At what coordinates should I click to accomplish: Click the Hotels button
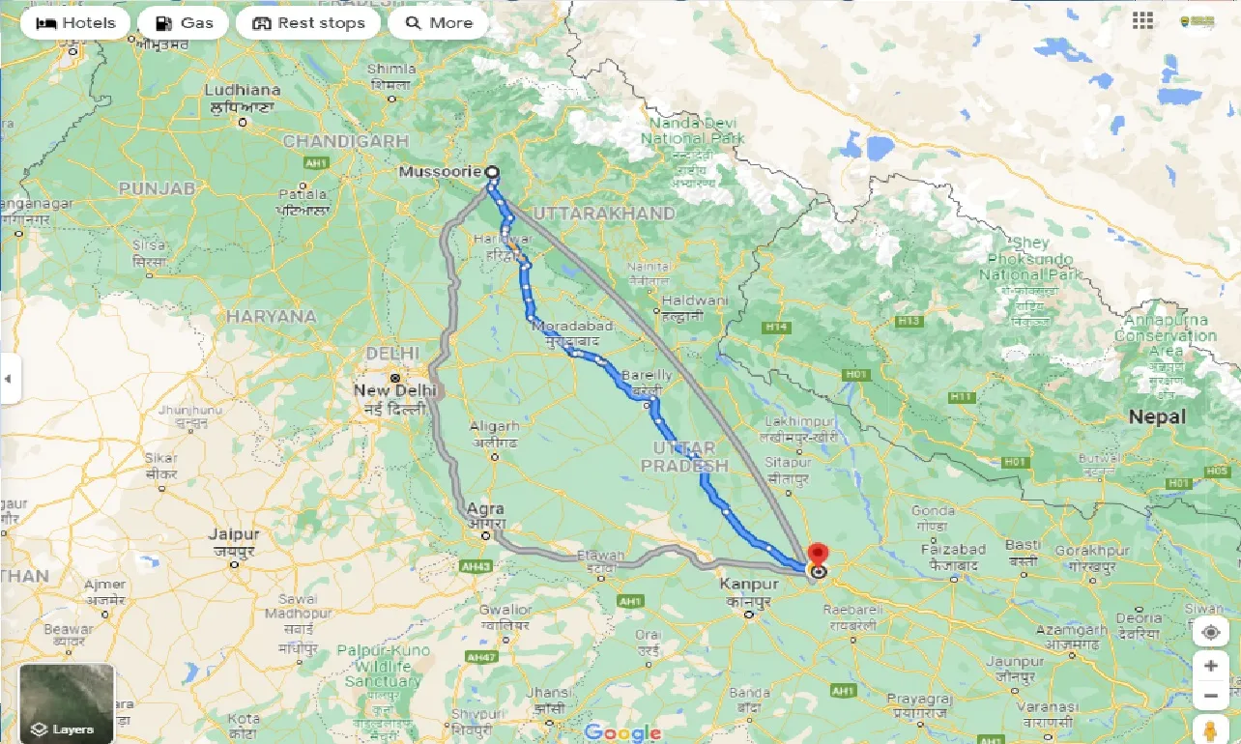75,23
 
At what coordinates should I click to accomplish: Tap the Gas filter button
184,23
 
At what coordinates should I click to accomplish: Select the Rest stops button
308,23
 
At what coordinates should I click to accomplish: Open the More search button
439,23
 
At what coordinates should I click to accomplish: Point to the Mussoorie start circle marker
492,173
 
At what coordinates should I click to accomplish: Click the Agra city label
485,508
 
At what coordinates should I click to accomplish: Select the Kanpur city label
749,585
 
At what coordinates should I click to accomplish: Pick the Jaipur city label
234,534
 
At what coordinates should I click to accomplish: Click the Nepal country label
1157,416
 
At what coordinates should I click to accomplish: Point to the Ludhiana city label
243,90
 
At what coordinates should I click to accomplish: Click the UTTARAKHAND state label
603,213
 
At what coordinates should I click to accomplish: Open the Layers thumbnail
67,702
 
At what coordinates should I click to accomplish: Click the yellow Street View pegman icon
1210,729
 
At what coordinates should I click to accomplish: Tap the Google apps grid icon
1142,20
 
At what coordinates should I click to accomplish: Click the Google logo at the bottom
622,732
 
